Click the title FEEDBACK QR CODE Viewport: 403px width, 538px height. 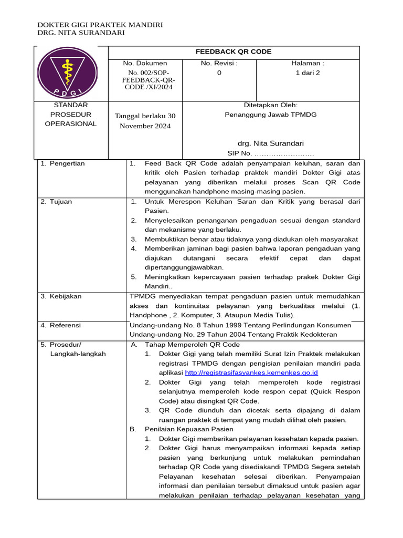click(234, 51)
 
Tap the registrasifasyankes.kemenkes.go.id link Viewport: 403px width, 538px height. click(251, 373)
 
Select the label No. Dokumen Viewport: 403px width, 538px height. click(145, 64)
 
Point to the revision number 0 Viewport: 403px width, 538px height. click(219, 73)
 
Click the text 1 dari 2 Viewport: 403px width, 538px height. click(308, 73)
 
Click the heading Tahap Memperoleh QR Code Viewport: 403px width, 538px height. click(192, 345)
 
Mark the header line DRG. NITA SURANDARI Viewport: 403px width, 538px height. click(81, 33)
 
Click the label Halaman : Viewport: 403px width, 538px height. click(308, 64)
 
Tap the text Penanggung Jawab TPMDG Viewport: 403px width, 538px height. click(271, 115)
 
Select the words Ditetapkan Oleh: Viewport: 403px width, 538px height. click(271, 105)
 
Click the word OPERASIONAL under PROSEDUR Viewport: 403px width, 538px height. click(71, 124)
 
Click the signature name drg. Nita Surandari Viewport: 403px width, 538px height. click(271, 143)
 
